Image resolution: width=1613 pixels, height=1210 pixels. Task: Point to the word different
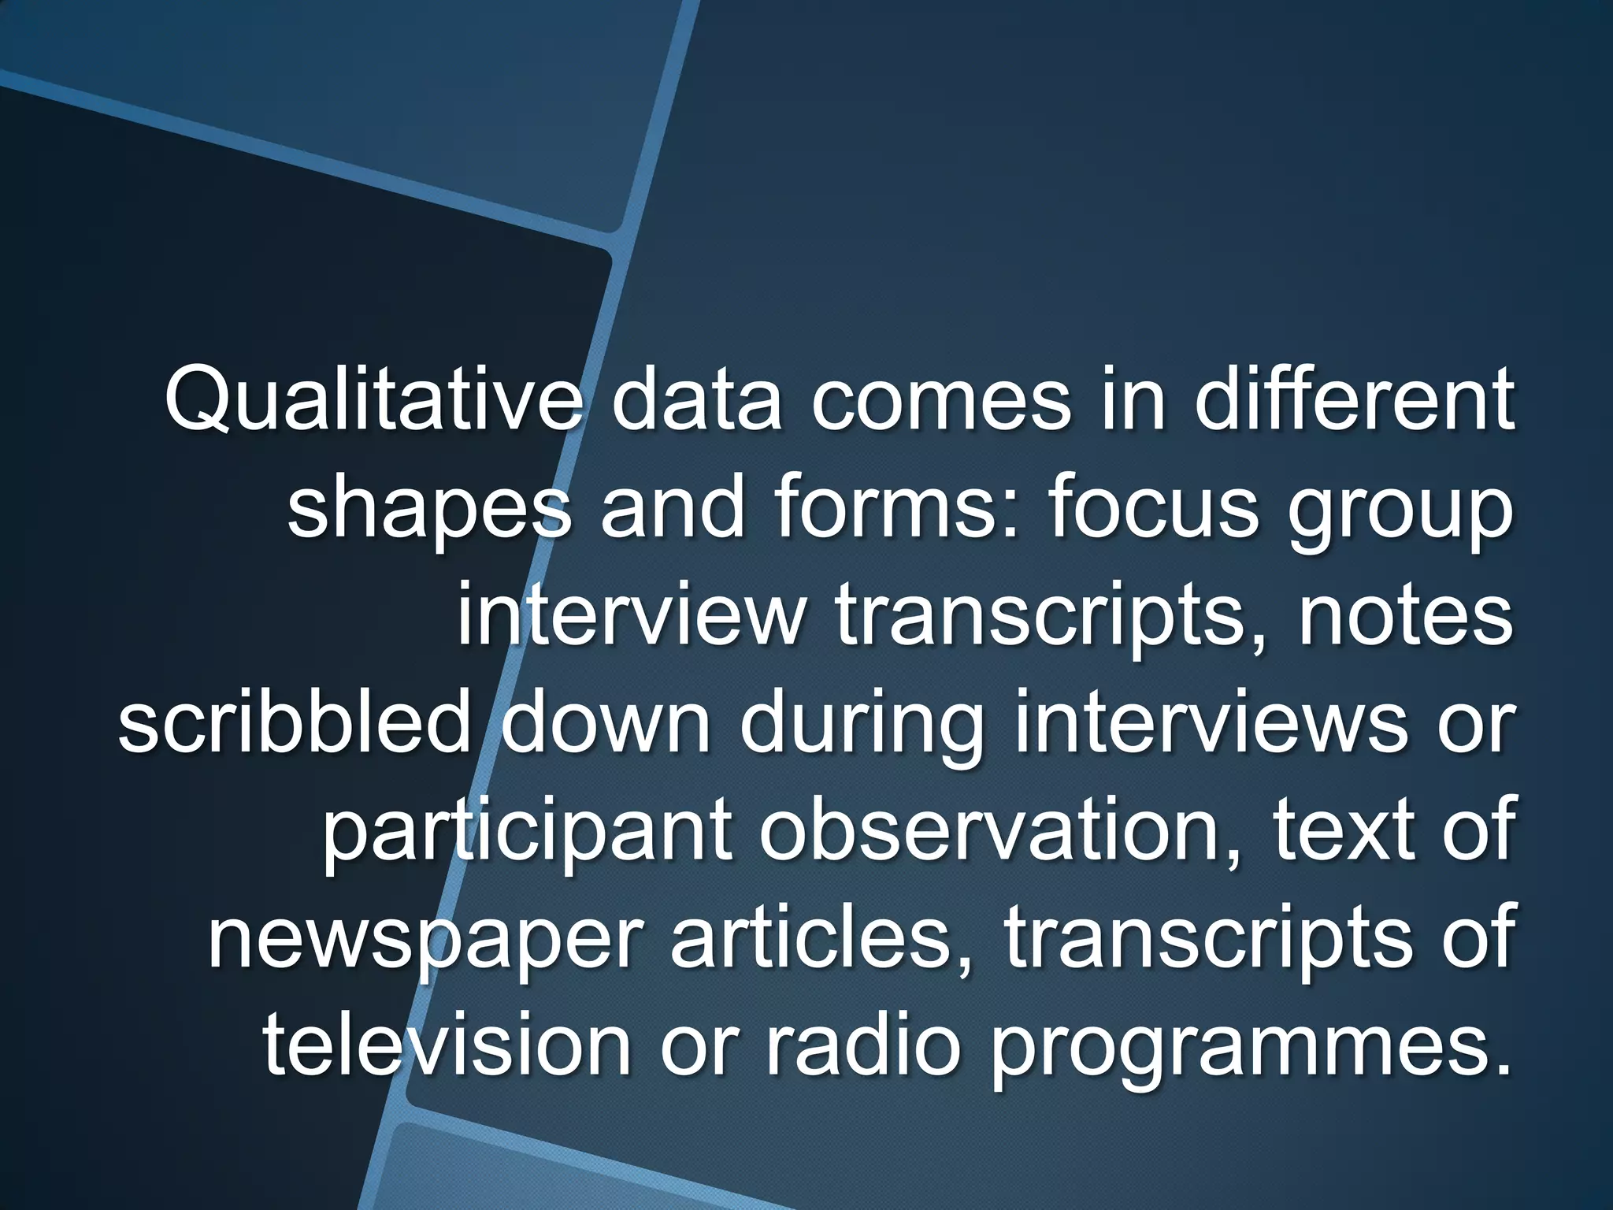click(x=1353, y=403)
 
